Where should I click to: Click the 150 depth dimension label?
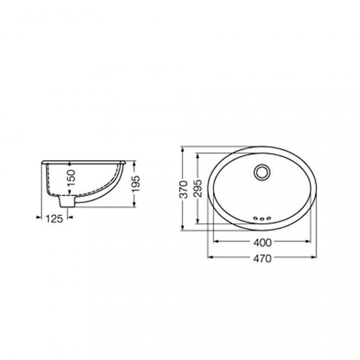point(71,178)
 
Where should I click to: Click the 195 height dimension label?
point(136,184)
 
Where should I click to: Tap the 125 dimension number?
point(54,219)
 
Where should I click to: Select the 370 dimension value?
point(184,189)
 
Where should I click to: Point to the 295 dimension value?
point(198,188)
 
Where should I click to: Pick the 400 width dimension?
point(262,243)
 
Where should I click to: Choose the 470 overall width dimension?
point(262,259)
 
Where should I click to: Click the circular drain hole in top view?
point(262,172)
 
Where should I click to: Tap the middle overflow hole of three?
point(262,219)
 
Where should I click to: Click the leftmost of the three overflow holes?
point(255,218)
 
